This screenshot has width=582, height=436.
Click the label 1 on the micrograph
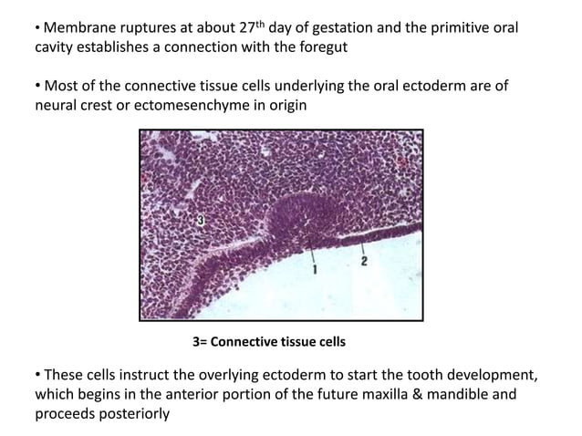pos(315,269)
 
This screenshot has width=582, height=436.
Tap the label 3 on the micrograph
pos(200,220)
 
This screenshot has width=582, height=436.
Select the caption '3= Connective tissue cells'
pos(268,342)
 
